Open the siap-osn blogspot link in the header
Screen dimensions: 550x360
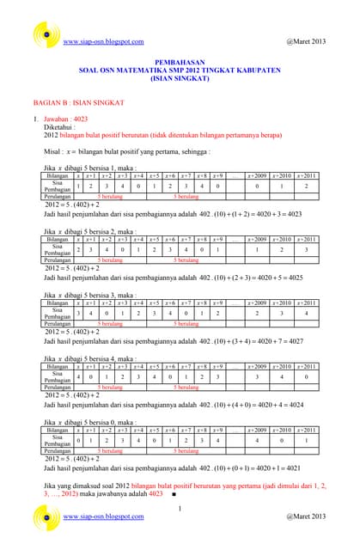(104, 41)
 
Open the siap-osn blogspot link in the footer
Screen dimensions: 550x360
(104, 516)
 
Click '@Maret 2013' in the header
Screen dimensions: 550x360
(305, 41)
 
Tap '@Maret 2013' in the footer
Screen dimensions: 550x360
(305, 516)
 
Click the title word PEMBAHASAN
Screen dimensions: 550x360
(180, 63)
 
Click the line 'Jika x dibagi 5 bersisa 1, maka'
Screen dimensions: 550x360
(90, 168)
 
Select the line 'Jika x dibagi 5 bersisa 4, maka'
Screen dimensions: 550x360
(90, 358)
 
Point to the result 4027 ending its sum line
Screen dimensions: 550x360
(316, 341)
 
